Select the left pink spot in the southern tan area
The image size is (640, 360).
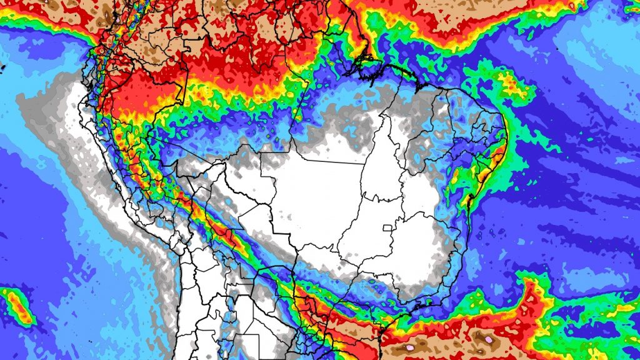[x=411, y=345]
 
